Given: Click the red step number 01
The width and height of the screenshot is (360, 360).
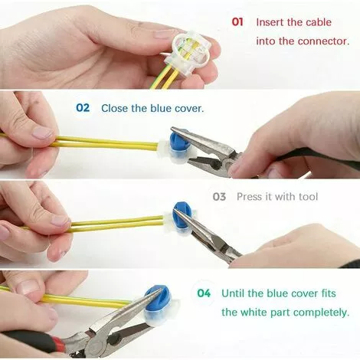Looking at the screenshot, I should coord(237,22).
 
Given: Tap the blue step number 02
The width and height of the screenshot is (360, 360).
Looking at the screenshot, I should coord(83,108).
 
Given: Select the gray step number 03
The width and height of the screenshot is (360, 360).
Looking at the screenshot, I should coord(220,197).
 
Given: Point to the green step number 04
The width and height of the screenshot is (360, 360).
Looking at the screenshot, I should coord(203,293).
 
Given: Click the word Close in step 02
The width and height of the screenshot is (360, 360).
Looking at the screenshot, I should coord(115,108).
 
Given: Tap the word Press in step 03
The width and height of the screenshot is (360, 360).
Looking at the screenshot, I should coord(250,197).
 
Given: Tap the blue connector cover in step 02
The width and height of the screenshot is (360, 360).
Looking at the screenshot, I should coord(177,145).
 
